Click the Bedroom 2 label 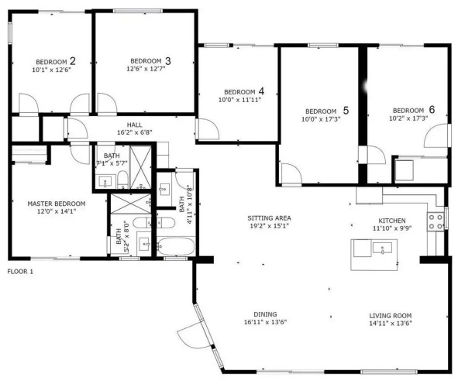pos(56,62)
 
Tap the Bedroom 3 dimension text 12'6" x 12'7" pos(146,69)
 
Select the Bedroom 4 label pos(244,91)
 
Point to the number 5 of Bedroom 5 pos(346,111)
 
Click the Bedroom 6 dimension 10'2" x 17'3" pos(408,118)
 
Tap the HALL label pos(135,125)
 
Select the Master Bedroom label pos(57,204)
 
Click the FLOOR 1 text pos(20,272)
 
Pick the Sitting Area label pos(269,217)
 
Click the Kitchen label pos(392,221)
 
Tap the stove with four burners pos(436,221)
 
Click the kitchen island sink pos(382,248)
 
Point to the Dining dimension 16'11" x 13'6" pos(266,322)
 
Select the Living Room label pos(391,316)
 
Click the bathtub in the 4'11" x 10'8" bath pos(176,246)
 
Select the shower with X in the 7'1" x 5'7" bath pos(140,167)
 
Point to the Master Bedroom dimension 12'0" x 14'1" pos(57,211)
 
